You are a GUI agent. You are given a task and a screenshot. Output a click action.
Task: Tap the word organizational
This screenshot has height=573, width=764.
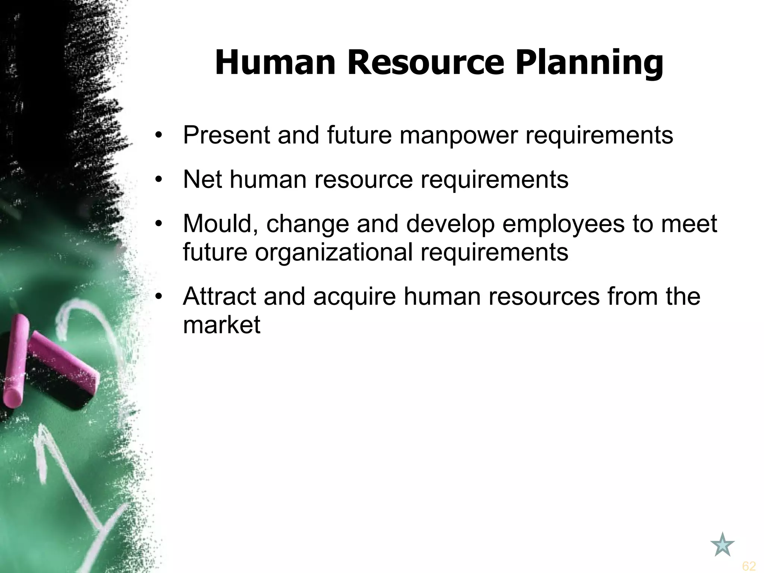334,253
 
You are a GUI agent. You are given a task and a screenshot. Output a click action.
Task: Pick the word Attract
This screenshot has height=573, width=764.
219,297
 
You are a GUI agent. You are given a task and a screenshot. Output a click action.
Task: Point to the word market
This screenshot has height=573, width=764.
222,325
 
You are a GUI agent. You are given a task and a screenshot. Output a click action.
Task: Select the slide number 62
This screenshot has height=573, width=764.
749,566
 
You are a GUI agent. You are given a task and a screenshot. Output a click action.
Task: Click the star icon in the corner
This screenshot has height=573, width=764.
723,545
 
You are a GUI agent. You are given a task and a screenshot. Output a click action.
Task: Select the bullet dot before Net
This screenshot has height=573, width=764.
159,180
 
